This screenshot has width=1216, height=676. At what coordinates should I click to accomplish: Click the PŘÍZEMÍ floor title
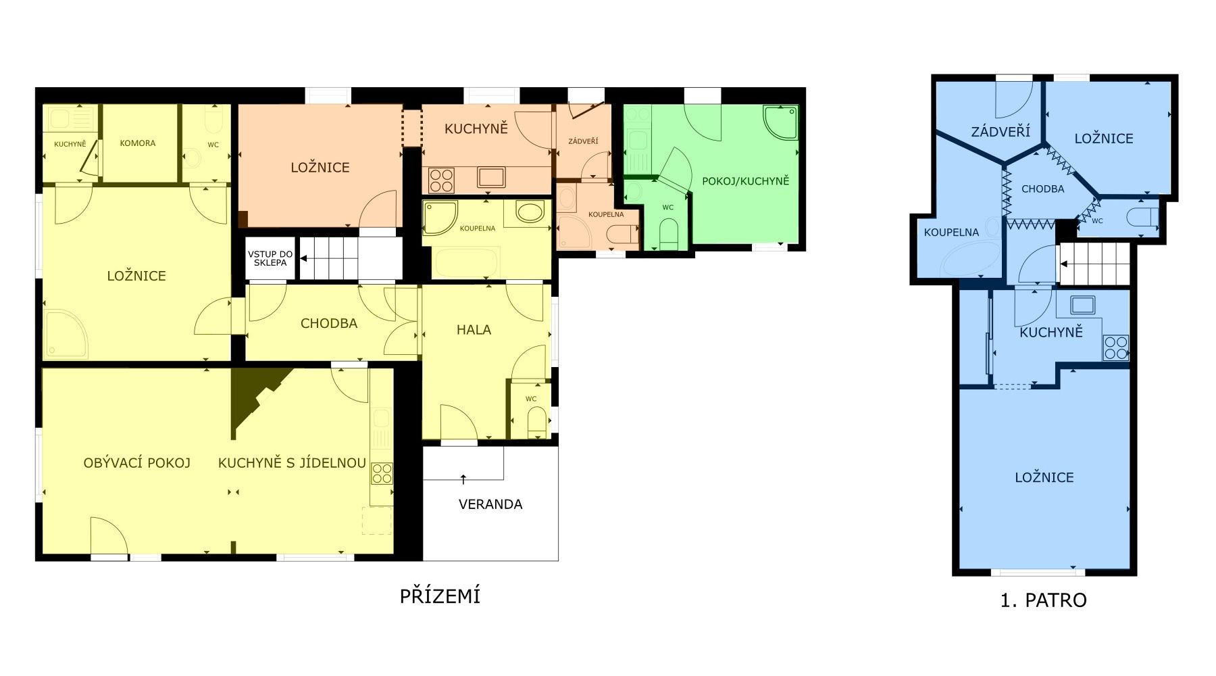pos(440,596)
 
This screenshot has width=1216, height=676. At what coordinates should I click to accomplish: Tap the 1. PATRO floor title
pos(1043,600)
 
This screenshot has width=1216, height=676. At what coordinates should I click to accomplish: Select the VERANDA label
pos(490,504)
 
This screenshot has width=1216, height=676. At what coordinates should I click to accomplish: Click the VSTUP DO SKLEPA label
pos(270,258)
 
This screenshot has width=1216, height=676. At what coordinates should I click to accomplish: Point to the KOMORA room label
pos(138,143)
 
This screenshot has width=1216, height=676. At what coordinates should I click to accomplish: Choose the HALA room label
pos(474,330)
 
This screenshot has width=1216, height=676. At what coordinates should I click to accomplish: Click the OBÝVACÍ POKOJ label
pos(137,463)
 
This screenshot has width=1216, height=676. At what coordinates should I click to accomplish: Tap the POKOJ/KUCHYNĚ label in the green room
pos(746,181)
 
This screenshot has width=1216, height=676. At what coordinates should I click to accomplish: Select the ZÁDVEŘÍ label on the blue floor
pos(1000,131)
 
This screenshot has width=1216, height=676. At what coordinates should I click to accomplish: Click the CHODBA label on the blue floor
pos(1043,189)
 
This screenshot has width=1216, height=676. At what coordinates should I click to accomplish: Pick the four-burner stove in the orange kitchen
pos(441,180)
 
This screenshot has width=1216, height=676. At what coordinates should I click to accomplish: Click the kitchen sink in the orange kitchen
pos(491,177)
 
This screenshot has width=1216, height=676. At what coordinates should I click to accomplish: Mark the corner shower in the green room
pos(780,122)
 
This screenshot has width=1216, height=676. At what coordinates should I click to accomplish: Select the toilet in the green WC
pos(668,234)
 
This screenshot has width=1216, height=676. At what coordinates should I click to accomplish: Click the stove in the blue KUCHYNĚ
pos(1115,347)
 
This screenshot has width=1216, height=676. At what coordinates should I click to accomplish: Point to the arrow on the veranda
pos(463,480)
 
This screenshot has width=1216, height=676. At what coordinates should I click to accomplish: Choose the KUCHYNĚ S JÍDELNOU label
pos(292,463)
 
